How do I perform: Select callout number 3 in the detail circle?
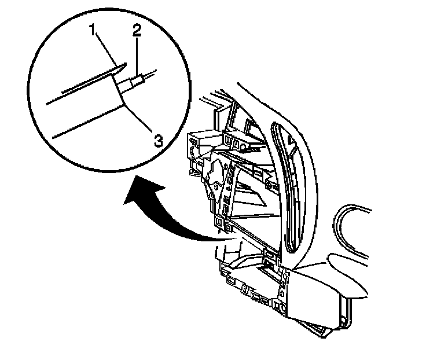156,139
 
